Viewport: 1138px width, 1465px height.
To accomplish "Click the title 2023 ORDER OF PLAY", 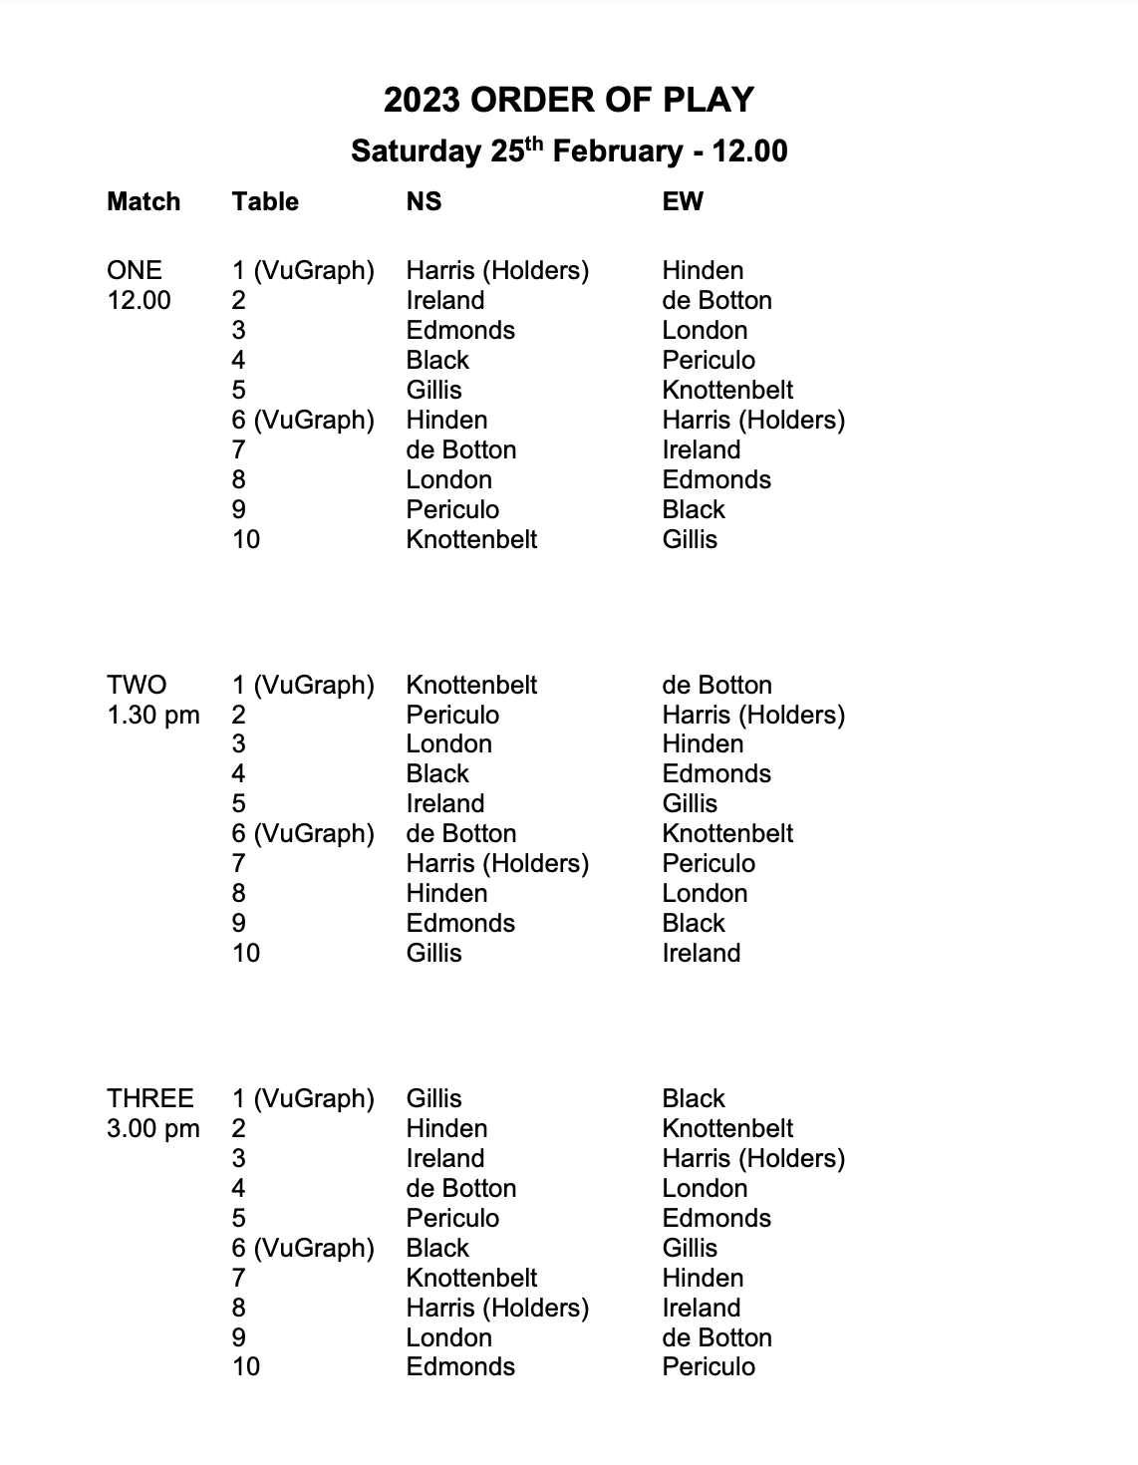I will click(569, 100).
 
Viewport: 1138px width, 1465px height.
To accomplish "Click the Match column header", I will click(143, 201).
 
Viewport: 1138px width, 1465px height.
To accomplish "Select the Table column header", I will click(265, 201).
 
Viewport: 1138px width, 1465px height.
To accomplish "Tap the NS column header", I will click(424, 201).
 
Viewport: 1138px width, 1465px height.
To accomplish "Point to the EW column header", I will click(683, 201).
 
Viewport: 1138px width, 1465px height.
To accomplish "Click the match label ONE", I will click(134, 270).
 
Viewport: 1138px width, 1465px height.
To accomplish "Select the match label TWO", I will click(137, 685).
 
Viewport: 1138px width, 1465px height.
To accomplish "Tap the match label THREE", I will click(149, 1098).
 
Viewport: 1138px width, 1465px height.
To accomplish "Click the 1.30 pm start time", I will click(153, 715).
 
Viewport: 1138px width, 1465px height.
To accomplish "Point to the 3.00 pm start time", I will click(153, 1128).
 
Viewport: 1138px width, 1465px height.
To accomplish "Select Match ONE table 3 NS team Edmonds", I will click(460, 330).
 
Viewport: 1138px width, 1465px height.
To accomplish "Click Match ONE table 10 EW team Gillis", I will click(690, 539).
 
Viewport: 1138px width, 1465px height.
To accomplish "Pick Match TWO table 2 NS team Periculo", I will click(452, 715).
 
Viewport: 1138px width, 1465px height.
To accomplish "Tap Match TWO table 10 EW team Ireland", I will click(702, 953).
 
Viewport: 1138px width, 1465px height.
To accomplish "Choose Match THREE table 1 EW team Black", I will click(694, 1098).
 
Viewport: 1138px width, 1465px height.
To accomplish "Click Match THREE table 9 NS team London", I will click(448, 1337).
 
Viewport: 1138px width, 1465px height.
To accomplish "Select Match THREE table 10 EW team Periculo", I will click(709, 1366).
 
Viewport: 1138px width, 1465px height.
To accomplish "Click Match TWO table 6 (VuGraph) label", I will click(303, 833).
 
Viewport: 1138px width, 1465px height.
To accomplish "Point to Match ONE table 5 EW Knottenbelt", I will click(727, 390).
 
